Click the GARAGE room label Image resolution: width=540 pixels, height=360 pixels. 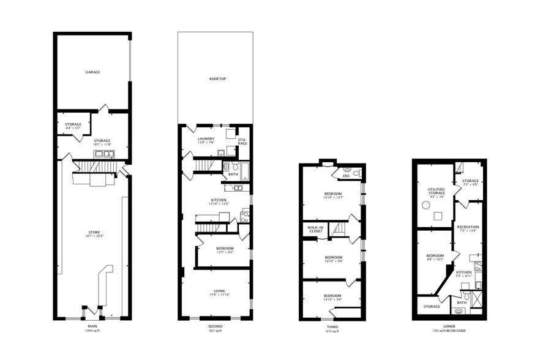point(93,72)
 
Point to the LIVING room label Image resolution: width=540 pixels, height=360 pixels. point(219,290)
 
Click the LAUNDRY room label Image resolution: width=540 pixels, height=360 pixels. point(206,139)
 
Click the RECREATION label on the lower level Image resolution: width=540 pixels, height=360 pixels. point(468,227)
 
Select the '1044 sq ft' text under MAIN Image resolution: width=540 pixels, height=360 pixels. point(93,332)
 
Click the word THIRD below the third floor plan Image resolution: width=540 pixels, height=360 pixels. point(332,328)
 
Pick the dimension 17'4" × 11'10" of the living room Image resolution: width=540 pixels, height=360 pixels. point(219,295)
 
